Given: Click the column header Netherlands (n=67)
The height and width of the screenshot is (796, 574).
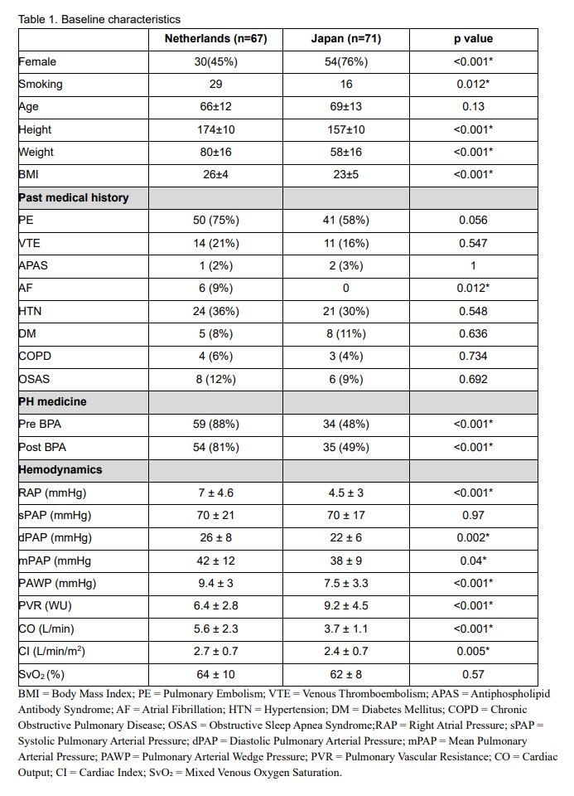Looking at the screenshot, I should click(x=215, y=39).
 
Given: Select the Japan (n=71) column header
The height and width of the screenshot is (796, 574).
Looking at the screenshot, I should click(x=345, y=39).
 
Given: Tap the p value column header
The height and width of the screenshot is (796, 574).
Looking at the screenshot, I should click(x=473, y=39).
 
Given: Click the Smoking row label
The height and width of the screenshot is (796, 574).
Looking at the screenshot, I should click(x=41, y=85).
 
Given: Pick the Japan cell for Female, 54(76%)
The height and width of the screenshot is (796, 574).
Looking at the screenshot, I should click(x=345, y=61).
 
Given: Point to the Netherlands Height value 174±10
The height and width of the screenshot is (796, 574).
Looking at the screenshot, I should click(x=215, y=129).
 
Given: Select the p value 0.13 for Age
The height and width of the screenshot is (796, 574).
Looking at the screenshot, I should click(x=473, y=107).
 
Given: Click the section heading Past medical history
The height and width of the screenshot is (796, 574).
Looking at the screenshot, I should click(x=73, y=198).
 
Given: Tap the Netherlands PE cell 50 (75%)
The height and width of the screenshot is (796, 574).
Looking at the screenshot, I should click(x=215, y=221).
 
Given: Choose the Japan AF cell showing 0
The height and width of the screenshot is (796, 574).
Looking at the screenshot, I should click(x=345, y=289).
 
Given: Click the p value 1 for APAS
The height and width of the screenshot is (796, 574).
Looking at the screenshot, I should click(x=473, y=266).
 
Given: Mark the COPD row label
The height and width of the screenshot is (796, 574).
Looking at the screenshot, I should click(x=36, y=357).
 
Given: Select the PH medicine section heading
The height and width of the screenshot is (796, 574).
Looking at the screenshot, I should click(x=52, y=401).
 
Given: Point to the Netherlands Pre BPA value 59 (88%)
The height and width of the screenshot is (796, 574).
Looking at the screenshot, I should click(x=215, y=425).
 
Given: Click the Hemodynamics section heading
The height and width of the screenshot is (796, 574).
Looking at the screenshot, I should click(x=60, y=469).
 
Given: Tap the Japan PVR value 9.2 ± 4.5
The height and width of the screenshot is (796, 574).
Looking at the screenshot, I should click(x=345, y=605).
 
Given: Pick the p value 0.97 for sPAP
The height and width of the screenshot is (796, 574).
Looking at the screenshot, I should click(x=473, y=515).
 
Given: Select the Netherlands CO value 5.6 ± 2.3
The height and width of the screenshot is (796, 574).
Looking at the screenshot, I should click(x=215, y=629).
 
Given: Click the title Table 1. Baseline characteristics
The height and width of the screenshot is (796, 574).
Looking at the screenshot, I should click(x=99, y=18).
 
